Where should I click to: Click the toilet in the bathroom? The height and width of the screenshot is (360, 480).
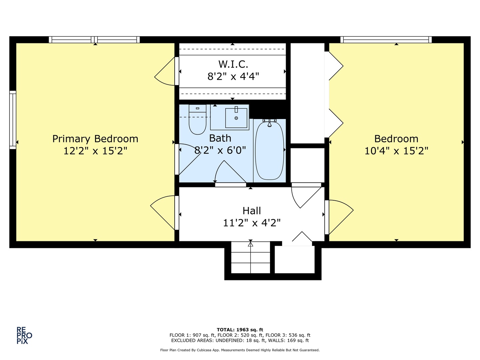(197, 122)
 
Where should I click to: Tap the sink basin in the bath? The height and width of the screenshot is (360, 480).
(236, 118)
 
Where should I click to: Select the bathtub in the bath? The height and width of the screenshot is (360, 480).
(269, 151)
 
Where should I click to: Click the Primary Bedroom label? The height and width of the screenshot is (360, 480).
(95, 139)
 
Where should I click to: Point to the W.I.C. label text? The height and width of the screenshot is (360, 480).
(233, 64)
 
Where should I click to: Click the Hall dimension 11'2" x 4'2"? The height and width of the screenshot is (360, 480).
(252, 223)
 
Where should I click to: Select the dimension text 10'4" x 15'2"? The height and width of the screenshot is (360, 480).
(396, 151)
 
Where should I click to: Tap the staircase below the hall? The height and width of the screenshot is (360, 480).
(250, 257)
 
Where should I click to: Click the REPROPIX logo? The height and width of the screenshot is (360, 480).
(24, 335)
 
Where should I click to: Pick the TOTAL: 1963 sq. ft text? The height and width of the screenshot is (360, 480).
(240, 330)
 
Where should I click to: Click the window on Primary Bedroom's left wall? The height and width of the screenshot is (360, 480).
(13, 120)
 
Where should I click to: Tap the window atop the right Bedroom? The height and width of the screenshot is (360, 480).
(386, 40)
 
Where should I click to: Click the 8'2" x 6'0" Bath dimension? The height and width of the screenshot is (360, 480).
(220, 150)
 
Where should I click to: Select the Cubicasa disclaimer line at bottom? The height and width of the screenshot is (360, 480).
(240, 350)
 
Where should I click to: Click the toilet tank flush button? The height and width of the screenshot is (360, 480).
(197, 108)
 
